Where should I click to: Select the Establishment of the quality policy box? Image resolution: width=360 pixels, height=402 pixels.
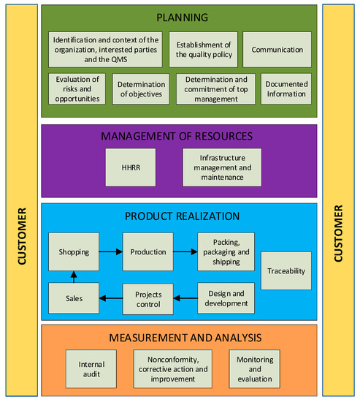point(202,49)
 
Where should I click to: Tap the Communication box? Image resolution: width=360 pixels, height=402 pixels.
point(277,49)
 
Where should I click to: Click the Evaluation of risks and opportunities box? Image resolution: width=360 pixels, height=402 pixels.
point(77,88)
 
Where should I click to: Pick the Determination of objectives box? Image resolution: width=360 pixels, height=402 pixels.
point(141,88)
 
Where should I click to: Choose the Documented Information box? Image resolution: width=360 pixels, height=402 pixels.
point(286,88)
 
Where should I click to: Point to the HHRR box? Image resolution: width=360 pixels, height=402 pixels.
point(129,167)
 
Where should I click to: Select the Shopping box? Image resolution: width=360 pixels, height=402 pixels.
point(74,251)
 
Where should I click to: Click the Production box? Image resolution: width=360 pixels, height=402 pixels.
point(148,251)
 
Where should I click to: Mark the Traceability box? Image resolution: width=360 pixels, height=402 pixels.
point(286,270)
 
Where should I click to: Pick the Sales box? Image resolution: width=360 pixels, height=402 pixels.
point(74,298)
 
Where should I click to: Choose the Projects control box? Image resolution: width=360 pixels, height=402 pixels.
point(148,298)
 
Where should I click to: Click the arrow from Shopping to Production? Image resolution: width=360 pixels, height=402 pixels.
point(110,251)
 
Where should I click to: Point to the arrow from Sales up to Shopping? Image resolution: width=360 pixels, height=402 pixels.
point(74,276)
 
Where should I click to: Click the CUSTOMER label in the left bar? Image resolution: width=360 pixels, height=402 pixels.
point(23,235)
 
